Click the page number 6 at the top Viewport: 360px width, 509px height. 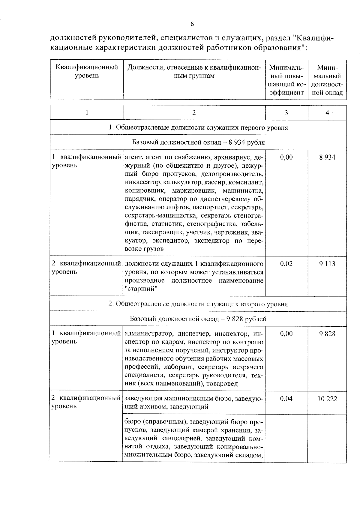tap(192, 24)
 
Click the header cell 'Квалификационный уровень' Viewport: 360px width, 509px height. tap(87, 71)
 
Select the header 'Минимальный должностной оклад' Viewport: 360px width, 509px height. tap(327, 80)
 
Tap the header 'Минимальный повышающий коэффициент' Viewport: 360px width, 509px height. tap(286, 80)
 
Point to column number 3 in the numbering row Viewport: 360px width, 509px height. tap(286, 113)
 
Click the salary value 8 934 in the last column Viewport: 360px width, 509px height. tap(327, 157)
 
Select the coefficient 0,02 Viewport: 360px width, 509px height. tap(286, 264)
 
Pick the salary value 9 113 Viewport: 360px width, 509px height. tap(327, 264)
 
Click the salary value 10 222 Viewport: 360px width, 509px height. tap(327, 399)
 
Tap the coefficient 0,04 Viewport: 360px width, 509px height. tap(286, 399)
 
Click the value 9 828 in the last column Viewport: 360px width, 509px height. tap(327, 334)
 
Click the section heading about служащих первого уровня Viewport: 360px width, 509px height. tap(198, 128)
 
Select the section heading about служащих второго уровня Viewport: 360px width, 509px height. tap(198, 304)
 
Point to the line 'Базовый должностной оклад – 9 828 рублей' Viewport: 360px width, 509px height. tap(198, 319)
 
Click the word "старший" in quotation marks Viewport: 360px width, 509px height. tap(141, 289)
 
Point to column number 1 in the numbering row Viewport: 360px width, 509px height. tap(87, 113)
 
